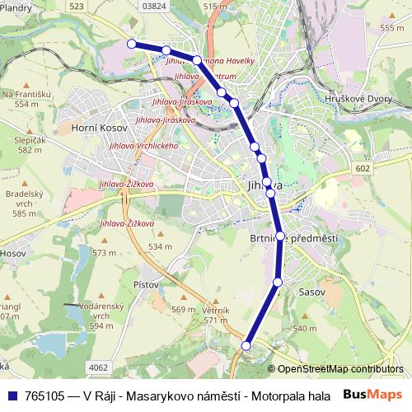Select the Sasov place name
point(312,293)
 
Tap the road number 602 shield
point(364,168)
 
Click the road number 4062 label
point(98,368)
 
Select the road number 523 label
point(77,6)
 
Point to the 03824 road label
point(154,6)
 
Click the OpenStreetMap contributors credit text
point(339,369)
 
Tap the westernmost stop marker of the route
point(131,44)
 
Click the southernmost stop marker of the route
point(246,346)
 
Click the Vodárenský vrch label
point(102,311)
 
